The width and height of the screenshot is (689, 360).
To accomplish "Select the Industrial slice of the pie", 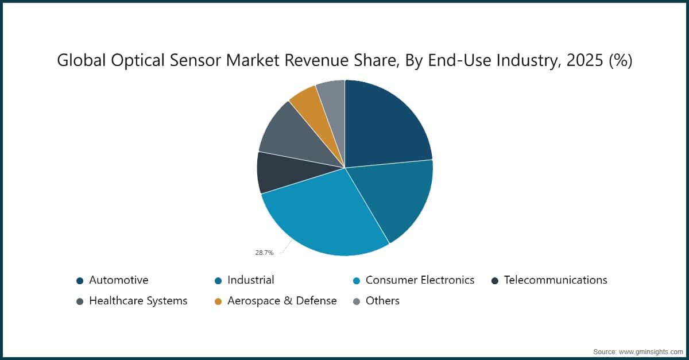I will point(396,198).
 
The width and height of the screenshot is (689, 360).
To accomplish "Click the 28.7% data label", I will point(264,253).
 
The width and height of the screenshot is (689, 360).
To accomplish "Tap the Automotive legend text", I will point(118,280).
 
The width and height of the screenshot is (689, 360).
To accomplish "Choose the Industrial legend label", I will point(251,280).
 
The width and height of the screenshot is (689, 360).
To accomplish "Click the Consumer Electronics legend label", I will point(420,280).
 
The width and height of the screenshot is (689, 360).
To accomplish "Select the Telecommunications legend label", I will point(555,280).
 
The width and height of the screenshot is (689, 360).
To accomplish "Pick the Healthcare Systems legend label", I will point(138,301).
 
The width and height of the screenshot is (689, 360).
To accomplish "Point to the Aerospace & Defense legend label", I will point(282,301).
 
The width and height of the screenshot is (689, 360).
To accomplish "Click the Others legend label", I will point(382,301).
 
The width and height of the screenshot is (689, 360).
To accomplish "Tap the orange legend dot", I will point(218,301).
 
